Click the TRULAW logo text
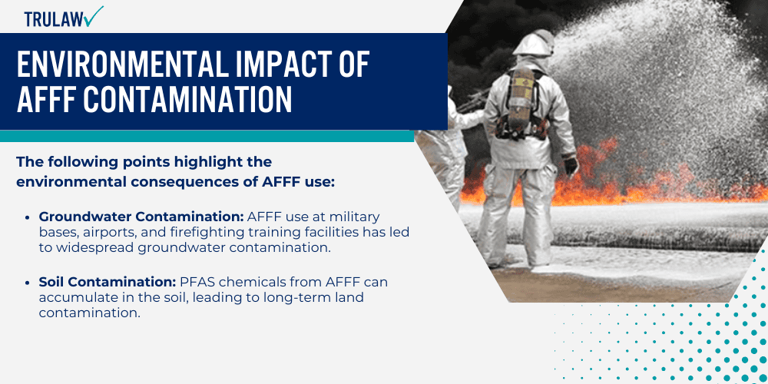click(x=52, y=18)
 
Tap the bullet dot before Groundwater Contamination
click(x=28, y=217)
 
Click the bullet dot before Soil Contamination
click(x=28, y=282)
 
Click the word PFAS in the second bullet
click(x=196, y=282)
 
